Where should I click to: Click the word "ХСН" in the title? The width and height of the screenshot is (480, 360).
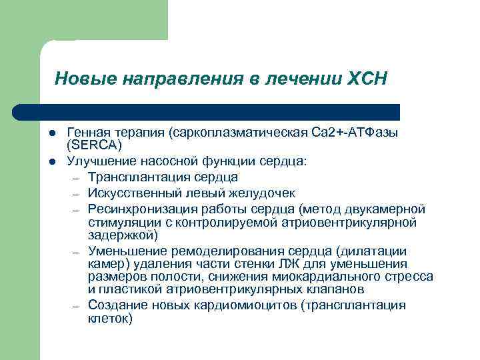[x=367, y=79]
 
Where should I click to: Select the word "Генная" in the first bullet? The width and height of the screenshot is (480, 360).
[x=87, y=133]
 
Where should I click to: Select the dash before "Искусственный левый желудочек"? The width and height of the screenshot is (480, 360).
[x=76, y=194]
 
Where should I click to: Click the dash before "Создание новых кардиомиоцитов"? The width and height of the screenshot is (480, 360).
[x=76, y=305]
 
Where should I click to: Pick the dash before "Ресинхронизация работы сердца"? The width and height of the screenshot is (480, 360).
[x=76, y=209]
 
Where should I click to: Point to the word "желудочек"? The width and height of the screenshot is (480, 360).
[x=266, y=193]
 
